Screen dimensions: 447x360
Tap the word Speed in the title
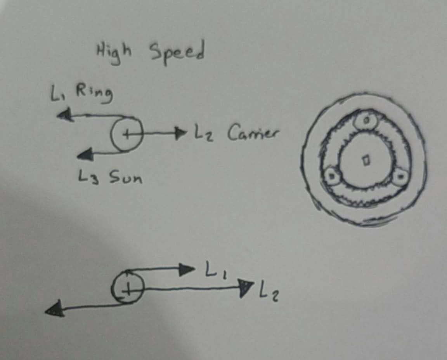tap(177, 53)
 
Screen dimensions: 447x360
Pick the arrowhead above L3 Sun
tap(85, 154)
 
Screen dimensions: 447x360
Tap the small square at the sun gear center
tap(366, 160)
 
